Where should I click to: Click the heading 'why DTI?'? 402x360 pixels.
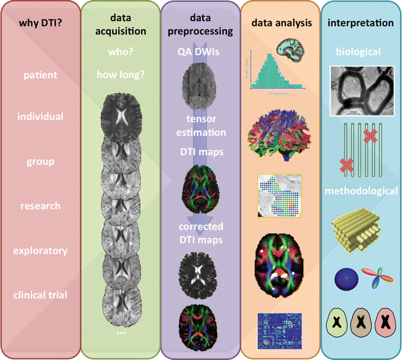40,24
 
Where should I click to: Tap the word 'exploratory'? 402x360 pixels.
40,250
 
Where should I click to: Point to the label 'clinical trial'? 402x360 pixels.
40,295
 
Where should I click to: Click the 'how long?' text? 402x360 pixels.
120,76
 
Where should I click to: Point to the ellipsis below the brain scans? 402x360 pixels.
120,333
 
